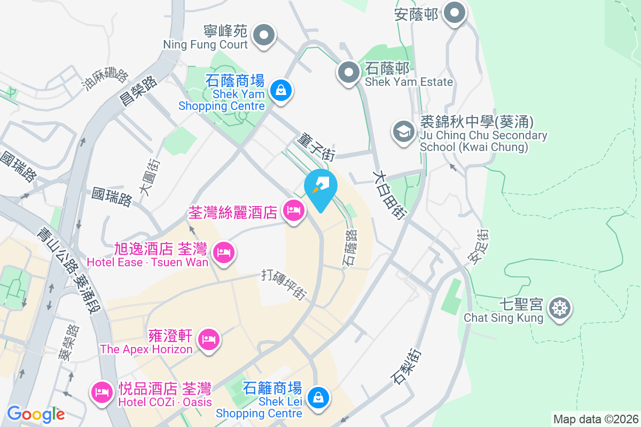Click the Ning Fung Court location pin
263,36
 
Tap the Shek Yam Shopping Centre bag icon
280,90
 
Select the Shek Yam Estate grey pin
349,72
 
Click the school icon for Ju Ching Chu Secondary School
404,130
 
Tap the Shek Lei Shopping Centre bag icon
319,398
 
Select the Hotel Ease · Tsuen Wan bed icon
223,252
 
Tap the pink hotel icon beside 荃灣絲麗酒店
293,210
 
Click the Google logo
36,414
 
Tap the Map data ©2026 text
596,419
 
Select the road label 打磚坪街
285,284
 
